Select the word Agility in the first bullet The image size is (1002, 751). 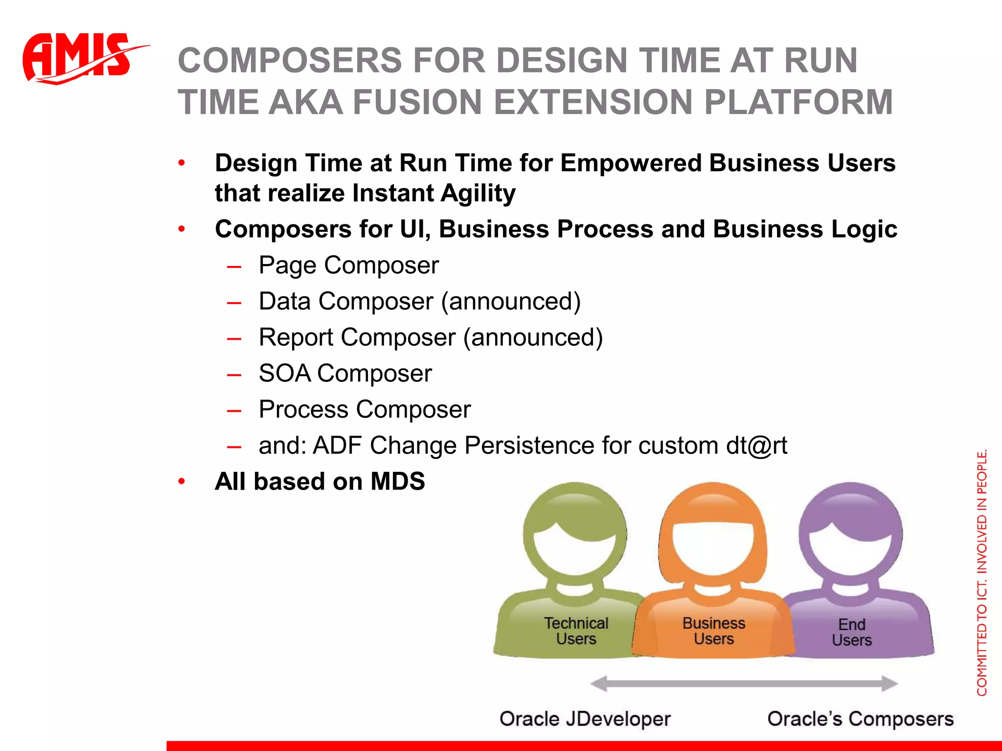tap(478, 194)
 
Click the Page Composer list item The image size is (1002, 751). tap(348, 265)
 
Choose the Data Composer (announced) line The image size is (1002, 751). tap(419, 302)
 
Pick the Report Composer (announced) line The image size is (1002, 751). tap(431, 338)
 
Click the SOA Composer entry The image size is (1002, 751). tap(345, 374)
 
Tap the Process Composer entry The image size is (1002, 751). tap(364, 410)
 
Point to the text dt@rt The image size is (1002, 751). tap(756, 446)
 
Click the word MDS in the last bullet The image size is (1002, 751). tap(397, 482)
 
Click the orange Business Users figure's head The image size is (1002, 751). tap(713, 533)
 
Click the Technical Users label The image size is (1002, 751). tap(576, 631)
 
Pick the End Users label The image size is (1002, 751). tap(852, 632)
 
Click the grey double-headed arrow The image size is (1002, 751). tap(744, 684)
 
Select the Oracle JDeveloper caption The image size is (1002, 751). tap(585, 719)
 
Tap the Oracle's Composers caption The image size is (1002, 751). tap(860, 719)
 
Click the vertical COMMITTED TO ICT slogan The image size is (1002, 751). tap(981, 572)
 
